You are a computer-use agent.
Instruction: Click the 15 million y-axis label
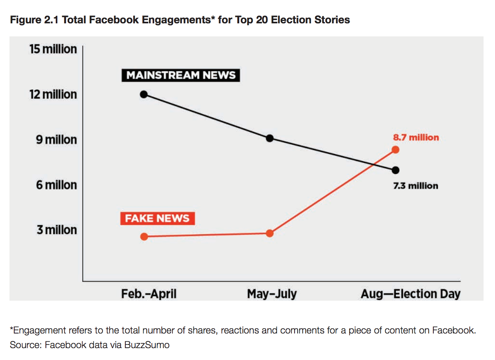click(x=53, y=49)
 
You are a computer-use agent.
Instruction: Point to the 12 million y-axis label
click(x=53, y=94)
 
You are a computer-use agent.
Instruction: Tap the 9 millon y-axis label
click(x=56, y=140)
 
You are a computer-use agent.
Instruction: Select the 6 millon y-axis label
click(x=56, y=185)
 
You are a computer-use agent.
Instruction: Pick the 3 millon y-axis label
click(x=57, y=230)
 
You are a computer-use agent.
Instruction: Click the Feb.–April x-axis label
click(x=149, y=294)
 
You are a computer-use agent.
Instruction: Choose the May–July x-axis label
click(x=272, y=294)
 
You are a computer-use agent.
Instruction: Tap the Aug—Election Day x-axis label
click(x=410, y=294)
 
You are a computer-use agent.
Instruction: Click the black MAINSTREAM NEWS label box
click(x=181, y=75)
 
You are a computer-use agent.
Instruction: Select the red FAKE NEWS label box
click(x=157, y=218)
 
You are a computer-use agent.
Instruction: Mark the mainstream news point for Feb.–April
click(x=144, y=94)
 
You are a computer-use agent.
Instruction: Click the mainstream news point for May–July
click(x=270, y=138)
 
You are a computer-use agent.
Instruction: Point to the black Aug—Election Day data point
click(x=395, y=170)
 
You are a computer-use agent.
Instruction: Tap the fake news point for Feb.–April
click(x=144, y=237)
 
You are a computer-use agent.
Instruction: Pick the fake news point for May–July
click(x=270, y=233)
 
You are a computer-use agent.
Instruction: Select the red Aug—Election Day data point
click(x=395, y=150)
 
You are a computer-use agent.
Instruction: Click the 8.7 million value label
click(x=416, y=138)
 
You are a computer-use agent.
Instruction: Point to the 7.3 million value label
click(x=416, y=186)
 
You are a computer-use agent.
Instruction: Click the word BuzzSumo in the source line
click(x=147, y=345)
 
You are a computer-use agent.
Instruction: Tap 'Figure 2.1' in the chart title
click(x=34, y=20)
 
